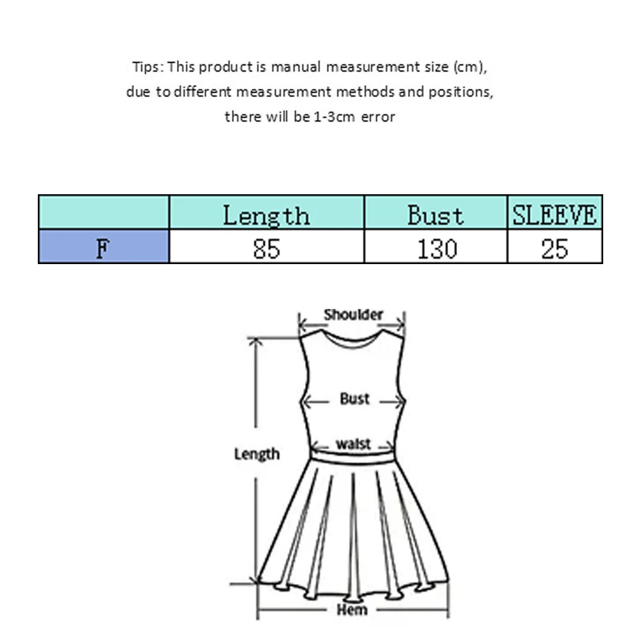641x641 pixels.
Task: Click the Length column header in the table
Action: pos(266,215)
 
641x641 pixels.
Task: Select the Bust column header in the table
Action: pos(435,215)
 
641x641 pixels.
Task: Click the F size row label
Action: pos(103,247)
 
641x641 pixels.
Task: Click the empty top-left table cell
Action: pos(103,213)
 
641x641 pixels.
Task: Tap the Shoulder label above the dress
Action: pos(353,315)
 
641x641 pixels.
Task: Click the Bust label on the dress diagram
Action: pos(354,399)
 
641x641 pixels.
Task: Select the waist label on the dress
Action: pos(353,444)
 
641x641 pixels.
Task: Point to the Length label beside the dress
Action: pos(256,454)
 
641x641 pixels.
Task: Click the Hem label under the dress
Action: pos(352,610)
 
